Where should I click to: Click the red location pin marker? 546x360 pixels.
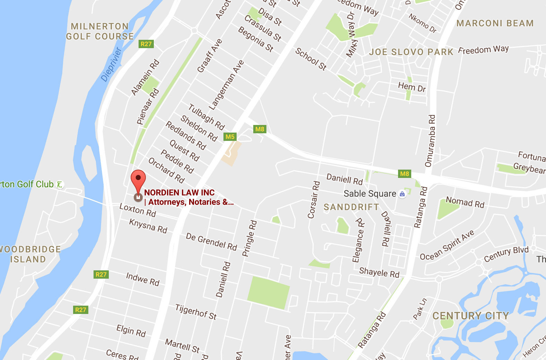point(138,179)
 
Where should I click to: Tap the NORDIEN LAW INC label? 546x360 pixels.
point(179,193)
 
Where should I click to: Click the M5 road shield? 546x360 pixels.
point(230,137)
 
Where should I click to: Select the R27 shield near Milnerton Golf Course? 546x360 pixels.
point(146,44)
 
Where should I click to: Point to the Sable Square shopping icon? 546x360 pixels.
point(402,194)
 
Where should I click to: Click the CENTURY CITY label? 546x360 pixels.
point(470,316)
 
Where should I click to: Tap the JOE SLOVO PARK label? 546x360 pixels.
point(411,52)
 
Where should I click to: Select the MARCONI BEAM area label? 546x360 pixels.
point(495,24)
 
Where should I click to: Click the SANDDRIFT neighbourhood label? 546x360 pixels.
point(351,207)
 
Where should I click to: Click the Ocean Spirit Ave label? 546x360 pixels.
point(447,245)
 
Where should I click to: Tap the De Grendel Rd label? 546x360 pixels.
point(211,242)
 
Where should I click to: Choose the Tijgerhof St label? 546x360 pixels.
point(196,312)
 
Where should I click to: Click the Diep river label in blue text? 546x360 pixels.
point(112,65)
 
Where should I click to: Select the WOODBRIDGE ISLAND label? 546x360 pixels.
point(29,254)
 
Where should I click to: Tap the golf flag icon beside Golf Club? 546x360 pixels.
point(60,184)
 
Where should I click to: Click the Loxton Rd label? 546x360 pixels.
point(138,210)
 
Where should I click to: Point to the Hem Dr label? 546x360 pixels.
point(412,87)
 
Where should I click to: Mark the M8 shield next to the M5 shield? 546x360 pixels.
point(259,129)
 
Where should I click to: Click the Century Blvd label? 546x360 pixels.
point(506,254)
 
